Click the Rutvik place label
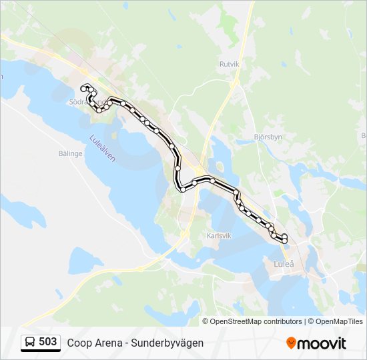pyautogui.click(x=229, y=64)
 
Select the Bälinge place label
pyautogui.click(x=69, y=153)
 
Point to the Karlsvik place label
pyautogui.click(x=219, y=235)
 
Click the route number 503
pyautogui.click(x=48, y=342)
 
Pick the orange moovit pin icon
pyautogui.click(x=291, y=343)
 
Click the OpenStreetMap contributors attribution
pyautogui.click(x=256, y=321)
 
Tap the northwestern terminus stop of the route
pyautogui.click(x=83, y=88)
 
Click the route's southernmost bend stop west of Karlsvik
pyautogui.click(x=182, y=189)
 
